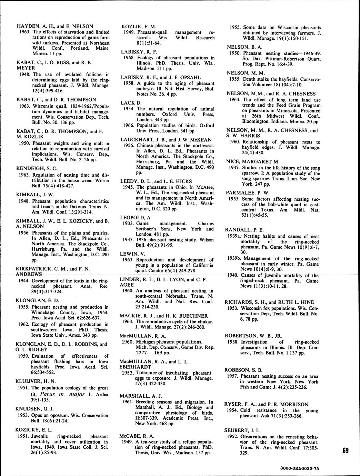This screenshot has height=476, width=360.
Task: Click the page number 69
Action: [347, 451]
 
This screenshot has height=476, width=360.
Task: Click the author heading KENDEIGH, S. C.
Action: [37, 168]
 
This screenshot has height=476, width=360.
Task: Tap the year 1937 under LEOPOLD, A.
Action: [128, 240]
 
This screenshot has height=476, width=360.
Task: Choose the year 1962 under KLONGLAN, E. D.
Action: [23, 324]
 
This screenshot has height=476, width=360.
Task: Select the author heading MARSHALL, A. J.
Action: [141, 395]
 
